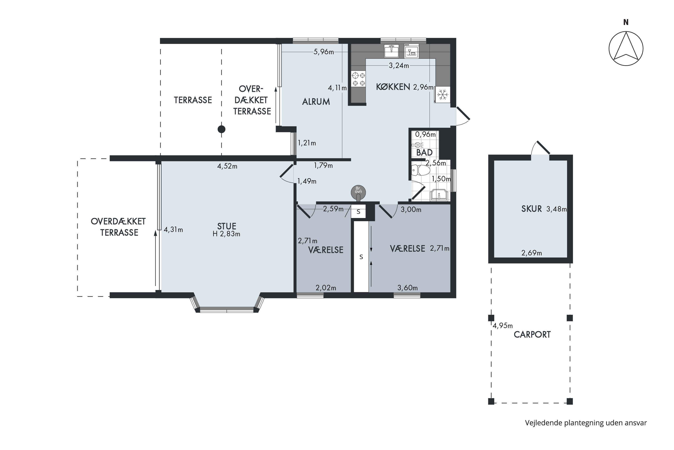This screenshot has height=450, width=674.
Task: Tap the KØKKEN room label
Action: point(393,87)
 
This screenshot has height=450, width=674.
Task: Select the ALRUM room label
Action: point(316,102)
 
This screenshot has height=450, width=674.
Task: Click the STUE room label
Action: point(227,226)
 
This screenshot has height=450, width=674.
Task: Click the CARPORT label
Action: point(532,335)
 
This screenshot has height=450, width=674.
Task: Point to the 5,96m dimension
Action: point(324,52)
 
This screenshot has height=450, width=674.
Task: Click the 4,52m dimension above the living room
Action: point(227,166)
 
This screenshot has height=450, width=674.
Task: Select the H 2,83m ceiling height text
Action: point(226,234)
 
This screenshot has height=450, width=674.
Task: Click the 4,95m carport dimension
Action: point(503,326)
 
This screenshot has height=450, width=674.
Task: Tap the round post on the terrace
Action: point(222,129)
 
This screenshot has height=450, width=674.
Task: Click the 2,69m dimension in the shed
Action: point(532,253)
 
